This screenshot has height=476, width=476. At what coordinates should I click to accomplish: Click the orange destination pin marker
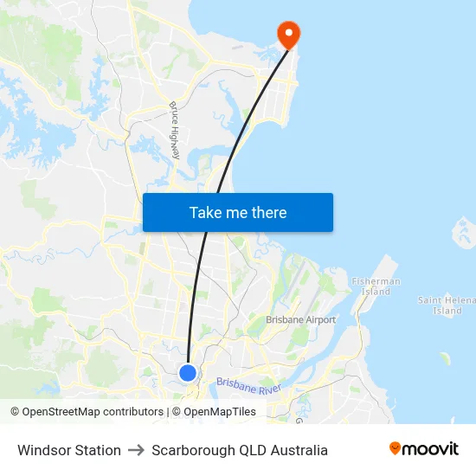(x=287, y=34)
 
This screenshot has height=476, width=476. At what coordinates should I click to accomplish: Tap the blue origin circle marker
(x=188, y=372)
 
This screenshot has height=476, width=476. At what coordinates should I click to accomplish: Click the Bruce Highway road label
(x=174, y=131)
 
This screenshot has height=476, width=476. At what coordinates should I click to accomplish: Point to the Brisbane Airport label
(x=300, y=320)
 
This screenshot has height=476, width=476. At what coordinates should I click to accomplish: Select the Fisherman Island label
(x=376, y=286)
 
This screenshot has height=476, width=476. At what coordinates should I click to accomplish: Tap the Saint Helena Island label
(x=446, y=305)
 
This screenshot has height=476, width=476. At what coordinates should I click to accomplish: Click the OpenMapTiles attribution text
(x=220, y=412)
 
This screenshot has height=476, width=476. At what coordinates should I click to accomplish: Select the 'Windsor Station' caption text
(x=69, y=450)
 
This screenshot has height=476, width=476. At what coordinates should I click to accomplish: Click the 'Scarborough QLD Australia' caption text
(x=240, y=450)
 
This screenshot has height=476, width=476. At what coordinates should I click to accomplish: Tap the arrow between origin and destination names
(x=136, y=450)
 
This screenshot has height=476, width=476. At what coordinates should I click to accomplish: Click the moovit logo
(x=424, y=448)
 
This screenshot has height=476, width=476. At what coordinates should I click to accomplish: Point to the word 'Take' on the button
(x=206, y=213)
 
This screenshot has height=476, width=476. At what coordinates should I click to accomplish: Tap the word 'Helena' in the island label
(x=459, y=299)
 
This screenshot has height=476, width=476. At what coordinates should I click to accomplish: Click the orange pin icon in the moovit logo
(x=396, y=448)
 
